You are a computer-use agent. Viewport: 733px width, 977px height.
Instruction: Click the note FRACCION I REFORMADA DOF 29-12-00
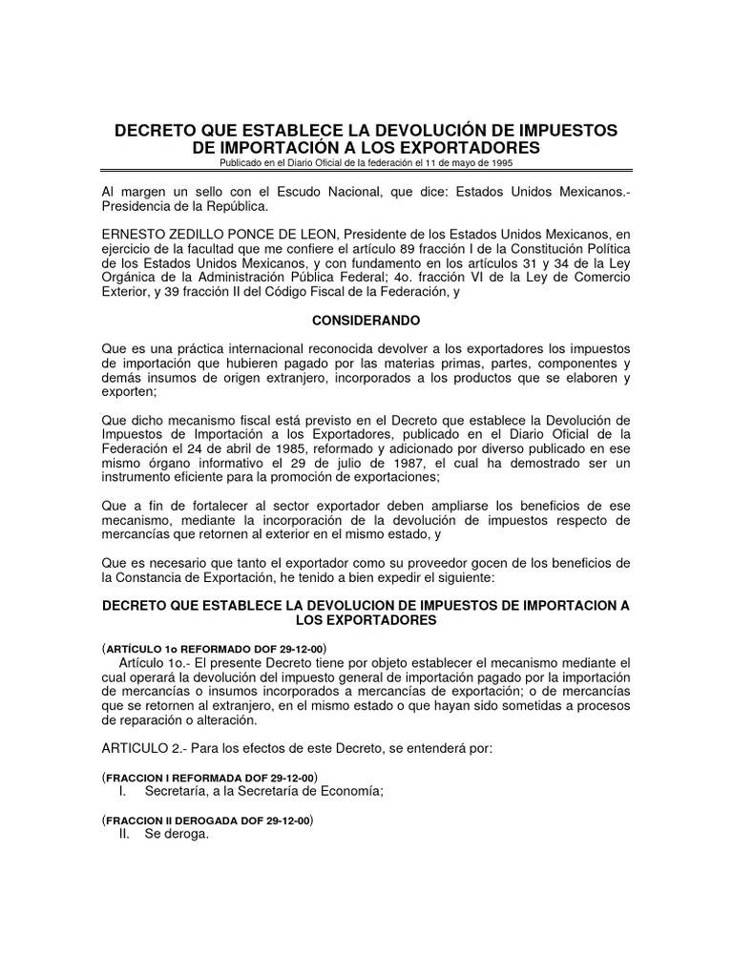[209, 778]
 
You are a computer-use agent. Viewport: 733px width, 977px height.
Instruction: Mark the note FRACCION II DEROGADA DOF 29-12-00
[207, 821]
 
